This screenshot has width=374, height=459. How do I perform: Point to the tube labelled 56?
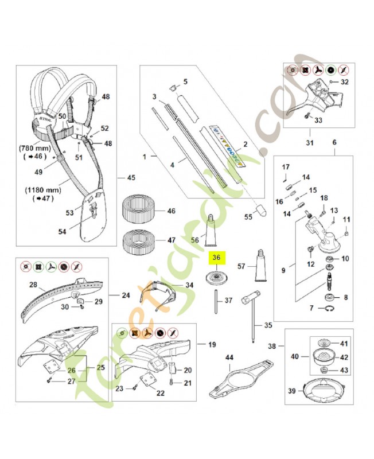[x=211, y=230]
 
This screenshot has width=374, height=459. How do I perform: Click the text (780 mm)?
[x=37, y=147]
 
